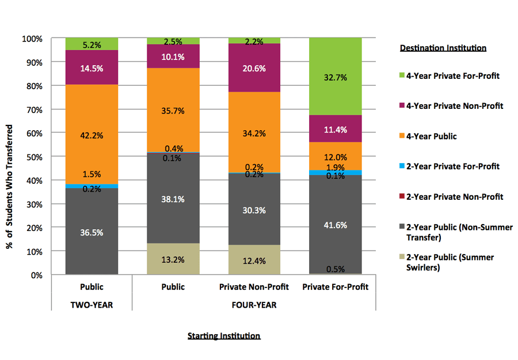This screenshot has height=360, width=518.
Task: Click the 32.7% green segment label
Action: pos(336,77)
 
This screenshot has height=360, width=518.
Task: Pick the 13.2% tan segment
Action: pos(173,259)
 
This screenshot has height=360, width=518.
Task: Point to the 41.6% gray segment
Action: pos(336,224)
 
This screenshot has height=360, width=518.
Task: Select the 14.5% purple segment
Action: pos(92,67)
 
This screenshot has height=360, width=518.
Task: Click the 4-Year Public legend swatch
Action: pos(403,137)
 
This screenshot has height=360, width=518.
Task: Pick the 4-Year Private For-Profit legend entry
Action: pos(455,76)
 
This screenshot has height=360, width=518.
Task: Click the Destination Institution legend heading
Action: pos(443,48)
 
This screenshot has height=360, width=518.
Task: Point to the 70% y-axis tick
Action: pos(33,109)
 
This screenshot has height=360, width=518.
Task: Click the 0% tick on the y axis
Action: pos(36,275)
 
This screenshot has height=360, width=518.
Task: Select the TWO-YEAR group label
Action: pos(92,305)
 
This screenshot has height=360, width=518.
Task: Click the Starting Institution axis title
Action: pos(224,336)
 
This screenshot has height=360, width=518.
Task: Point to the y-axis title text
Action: pos(10,157)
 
